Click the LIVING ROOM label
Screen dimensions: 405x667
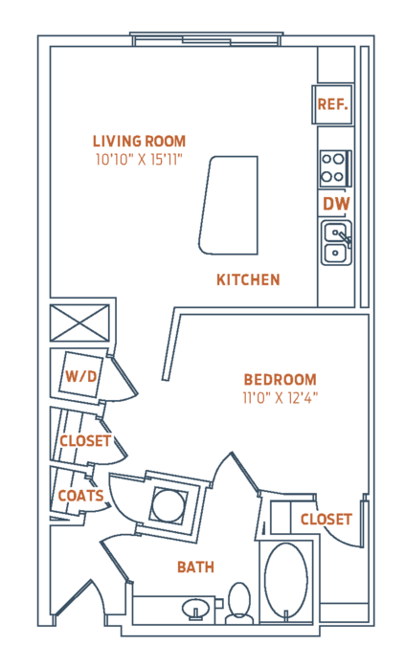139,142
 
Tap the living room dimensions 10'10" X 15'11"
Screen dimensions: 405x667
139,160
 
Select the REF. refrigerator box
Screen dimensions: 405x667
332,104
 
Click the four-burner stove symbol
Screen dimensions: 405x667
335,168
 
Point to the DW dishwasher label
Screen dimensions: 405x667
336,204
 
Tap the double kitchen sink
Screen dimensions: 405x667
336,243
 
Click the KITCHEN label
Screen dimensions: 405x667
248,279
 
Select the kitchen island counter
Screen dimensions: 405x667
229,205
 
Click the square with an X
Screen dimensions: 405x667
79,322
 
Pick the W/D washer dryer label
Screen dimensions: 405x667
80,376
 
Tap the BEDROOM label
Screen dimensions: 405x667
280,380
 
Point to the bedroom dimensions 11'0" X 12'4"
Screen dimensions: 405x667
280,398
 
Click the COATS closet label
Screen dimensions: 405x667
80,496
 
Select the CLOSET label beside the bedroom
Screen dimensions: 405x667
326,520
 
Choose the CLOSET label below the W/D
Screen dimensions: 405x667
85,441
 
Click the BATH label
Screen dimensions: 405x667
195,567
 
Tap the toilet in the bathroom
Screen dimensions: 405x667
239,603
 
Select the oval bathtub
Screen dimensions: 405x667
286,581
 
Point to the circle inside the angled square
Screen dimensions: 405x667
169,505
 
